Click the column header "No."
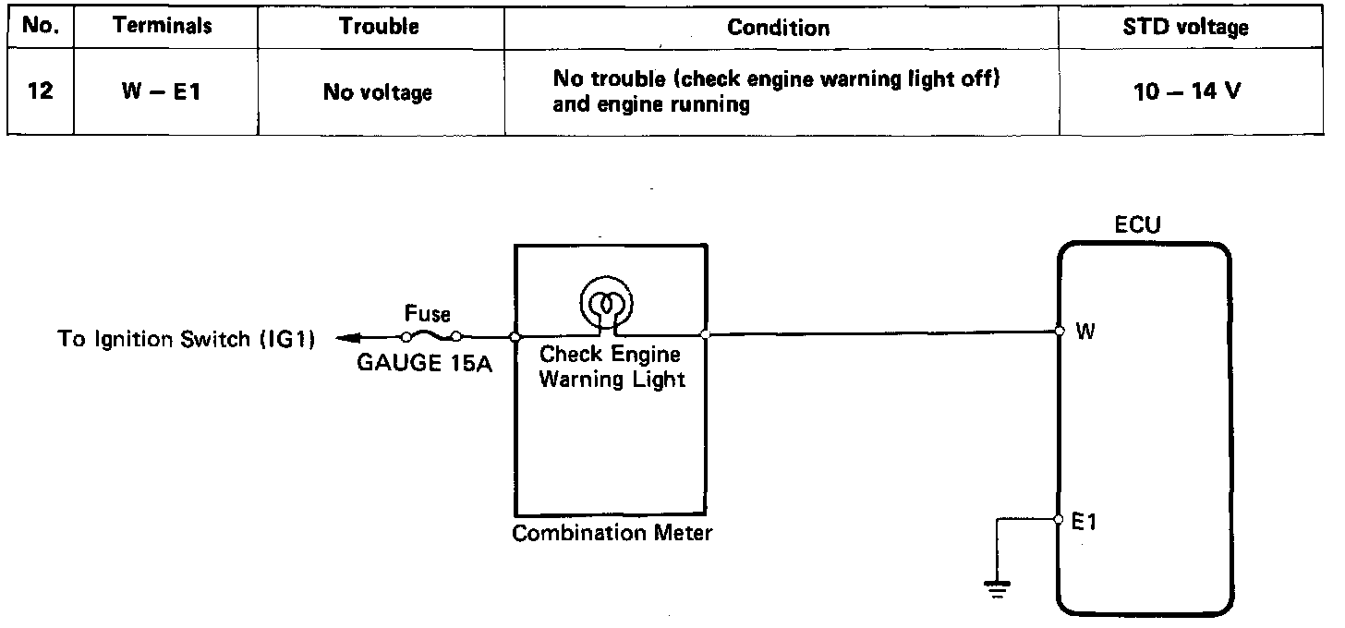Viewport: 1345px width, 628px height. coord(40,26)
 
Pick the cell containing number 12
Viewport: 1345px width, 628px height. coord(40,92)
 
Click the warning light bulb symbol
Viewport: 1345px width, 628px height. coord(605,303)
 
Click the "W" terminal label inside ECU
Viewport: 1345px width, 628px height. coord(1085,332)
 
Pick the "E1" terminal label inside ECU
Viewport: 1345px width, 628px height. coord(1084,523)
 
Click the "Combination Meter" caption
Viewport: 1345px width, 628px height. coord(612,533)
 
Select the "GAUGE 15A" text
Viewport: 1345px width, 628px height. coord(424,361)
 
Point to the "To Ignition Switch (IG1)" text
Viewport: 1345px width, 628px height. coord(187,339)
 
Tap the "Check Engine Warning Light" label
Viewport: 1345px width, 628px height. coord(611,367)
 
